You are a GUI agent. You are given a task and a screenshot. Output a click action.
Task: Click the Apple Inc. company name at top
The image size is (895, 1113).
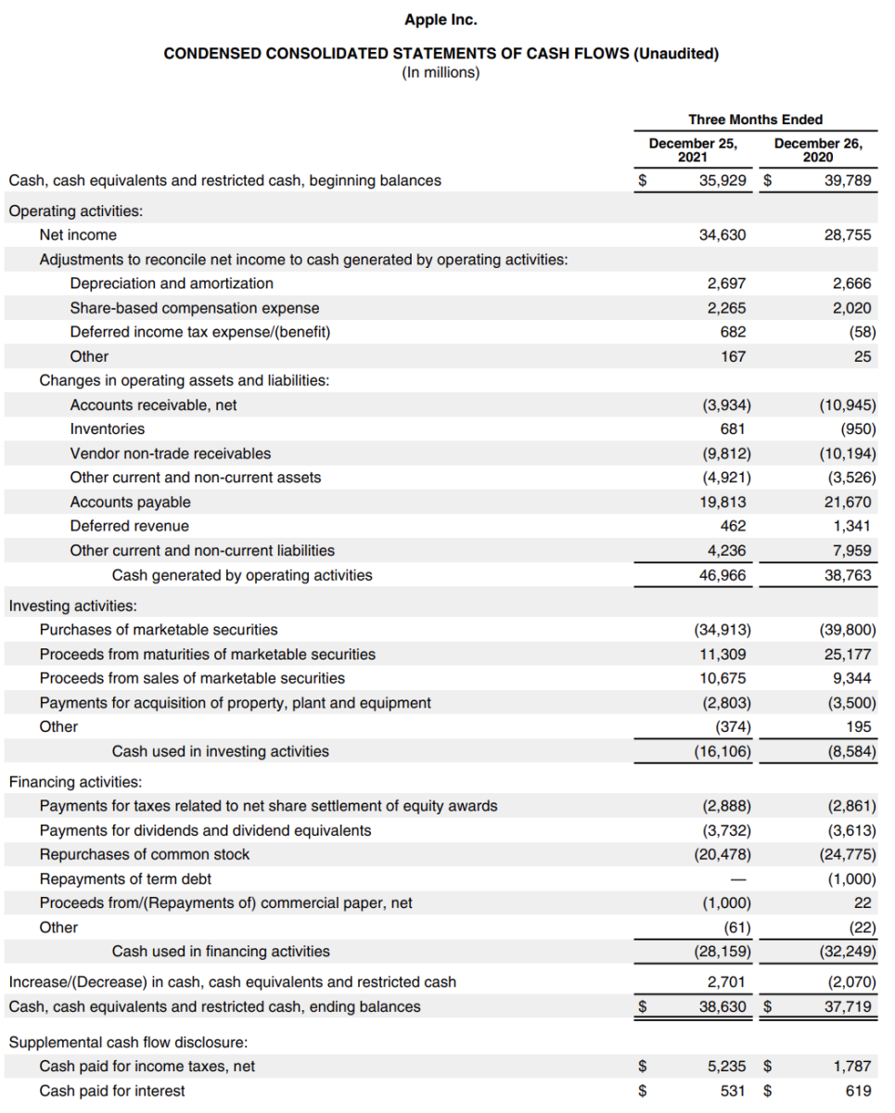click(441, 19)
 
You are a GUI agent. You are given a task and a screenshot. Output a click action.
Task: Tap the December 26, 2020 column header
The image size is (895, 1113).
click(818, 150)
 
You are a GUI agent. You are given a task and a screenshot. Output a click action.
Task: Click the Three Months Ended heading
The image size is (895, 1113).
click(755, 120)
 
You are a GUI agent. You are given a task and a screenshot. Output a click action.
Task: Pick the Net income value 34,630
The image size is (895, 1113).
click(722, 236)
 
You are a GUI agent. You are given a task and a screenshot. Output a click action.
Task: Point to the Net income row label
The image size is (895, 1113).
click(78, 236)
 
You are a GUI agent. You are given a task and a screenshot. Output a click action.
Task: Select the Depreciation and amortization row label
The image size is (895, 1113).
click(172, 284)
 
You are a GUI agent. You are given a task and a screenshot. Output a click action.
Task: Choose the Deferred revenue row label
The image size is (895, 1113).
click(129, 526)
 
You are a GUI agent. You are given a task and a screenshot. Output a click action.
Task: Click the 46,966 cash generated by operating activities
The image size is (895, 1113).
click(722, 575)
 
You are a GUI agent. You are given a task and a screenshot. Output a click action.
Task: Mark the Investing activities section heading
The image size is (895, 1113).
click(73, 606)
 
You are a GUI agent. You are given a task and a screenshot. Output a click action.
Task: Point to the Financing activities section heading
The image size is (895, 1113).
click(75, 782)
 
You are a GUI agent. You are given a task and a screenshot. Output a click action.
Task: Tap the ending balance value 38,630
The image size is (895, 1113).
click(722, 1006)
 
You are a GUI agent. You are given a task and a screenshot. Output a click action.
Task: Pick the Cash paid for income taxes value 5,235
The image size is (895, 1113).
click(726, 1067)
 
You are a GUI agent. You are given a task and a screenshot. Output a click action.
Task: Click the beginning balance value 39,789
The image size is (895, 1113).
click(848, 181)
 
